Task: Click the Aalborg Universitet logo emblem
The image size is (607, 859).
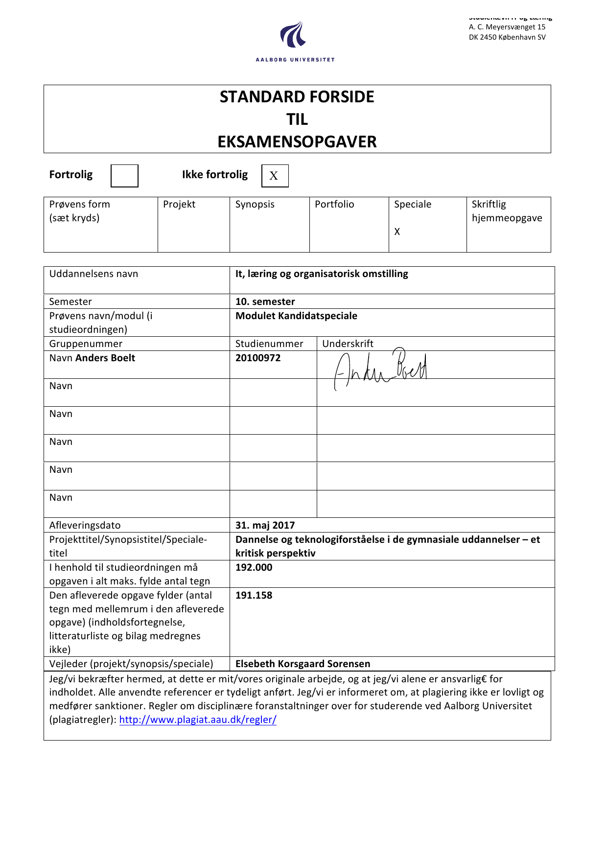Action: coord(294,35)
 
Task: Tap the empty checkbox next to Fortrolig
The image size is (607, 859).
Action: coord(124,176)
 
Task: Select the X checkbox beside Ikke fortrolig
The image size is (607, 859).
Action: coord(275,176)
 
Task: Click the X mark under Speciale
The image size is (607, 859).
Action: coord(397,232)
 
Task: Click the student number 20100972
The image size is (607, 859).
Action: coord(258,358)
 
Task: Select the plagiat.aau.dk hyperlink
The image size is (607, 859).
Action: coord(198,720)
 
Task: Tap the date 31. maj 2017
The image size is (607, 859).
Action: coord(265,525)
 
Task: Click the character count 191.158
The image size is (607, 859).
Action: coord(254,595)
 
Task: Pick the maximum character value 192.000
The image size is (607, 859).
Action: coord(254,567)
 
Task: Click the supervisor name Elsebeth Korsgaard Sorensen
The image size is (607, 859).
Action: coord(303,664)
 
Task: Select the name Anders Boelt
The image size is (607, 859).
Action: coord(105,358)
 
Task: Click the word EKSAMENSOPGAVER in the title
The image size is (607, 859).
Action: coord(297,142)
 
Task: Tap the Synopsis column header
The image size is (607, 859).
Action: coord(255,204)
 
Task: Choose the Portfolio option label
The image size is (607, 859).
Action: coord(334,204)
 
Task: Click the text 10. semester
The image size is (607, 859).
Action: coord(265,302)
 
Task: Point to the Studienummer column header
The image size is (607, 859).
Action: coord(269,344)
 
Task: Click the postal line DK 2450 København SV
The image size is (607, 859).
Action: coord(507,37)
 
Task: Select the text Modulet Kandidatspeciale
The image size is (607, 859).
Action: coord(296,316)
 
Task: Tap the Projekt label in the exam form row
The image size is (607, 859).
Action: coord(179,204)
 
